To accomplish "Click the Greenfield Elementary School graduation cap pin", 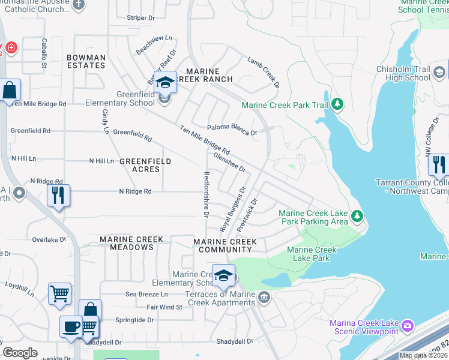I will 165,83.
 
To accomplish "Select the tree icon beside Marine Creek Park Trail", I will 338,105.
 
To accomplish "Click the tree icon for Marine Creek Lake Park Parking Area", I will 357,215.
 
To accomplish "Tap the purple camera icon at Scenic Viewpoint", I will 408,326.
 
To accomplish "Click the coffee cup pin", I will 71,327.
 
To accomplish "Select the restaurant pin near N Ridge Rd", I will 58,196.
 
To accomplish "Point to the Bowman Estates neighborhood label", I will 86,62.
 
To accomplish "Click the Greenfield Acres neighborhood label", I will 145,165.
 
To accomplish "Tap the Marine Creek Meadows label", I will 131,243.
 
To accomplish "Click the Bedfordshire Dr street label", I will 206,194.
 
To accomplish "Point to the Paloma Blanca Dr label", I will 232,128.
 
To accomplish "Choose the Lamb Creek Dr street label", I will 264,72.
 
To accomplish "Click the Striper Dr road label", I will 141,18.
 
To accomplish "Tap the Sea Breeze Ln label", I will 146,294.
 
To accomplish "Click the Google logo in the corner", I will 20,353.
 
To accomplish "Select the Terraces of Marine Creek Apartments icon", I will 263,297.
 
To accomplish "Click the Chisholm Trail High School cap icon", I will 440,73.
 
